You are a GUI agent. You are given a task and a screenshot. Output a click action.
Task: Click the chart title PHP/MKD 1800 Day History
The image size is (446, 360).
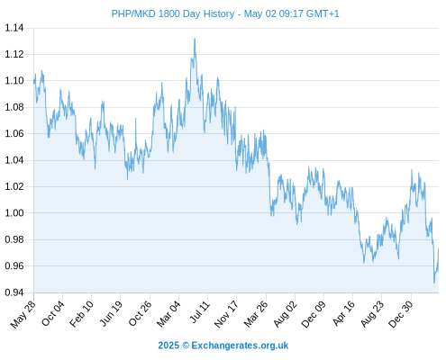173,13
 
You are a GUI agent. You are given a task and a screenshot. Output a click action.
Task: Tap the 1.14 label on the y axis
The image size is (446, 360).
14,28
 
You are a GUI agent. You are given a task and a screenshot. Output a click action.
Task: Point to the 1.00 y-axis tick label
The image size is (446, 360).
14,213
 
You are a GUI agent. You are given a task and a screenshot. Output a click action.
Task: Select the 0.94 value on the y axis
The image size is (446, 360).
14,292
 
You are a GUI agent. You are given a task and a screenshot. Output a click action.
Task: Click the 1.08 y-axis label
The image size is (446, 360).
14,107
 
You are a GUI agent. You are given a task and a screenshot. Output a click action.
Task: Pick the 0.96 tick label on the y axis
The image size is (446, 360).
14,265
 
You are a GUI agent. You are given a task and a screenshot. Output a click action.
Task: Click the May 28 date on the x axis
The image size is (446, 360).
23,314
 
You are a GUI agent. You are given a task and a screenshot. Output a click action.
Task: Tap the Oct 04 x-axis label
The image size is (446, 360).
53,313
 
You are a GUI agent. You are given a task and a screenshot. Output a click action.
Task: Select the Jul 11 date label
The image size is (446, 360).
200,311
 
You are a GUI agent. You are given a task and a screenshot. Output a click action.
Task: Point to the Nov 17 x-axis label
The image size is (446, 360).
226,313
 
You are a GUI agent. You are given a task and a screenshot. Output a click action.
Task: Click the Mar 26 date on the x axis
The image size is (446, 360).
256,313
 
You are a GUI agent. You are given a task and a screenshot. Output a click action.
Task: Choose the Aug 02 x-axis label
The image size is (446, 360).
286,313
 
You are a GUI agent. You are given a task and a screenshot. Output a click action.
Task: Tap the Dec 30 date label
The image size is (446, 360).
401,314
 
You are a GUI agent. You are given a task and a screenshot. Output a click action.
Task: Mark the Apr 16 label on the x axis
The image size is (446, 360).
343,313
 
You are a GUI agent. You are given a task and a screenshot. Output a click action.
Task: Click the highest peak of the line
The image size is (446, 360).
195,39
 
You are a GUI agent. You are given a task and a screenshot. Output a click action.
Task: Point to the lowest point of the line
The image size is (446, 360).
434,283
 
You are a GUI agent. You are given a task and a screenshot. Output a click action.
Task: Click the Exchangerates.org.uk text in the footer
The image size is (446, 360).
240,346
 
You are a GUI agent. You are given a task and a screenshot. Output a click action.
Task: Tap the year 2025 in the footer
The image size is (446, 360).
168,346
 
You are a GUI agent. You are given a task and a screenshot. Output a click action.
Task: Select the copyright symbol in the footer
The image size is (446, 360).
186,346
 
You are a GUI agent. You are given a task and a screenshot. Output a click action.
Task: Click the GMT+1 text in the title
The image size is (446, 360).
323,13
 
